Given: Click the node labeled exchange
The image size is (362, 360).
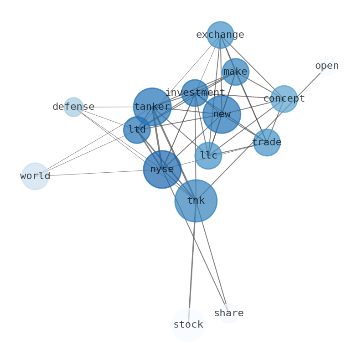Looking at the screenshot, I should pyautogui.click(x=220, y=35).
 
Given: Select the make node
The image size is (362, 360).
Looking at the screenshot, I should pyautogui.click(x=235, y=72).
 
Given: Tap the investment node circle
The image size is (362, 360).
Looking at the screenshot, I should pyautogui.click(x=195, y=93).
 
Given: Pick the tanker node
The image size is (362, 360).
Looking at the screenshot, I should pyautogui.click(x=152, y=107).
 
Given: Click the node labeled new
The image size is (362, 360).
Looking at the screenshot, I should pyautogui.click(x=222, y=114).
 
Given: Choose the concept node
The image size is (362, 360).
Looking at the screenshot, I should pyautogui.click(x=284, y=98).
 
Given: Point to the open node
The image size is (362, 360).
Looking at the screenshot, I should pyautogui.click(x=327, y=66).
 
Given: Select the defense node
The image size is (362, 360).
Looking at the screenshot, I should pyautogui.click(x=73, y=107).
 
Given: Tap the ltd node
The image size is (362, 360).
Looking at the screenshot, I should pyautogui.click(x=137, y=130).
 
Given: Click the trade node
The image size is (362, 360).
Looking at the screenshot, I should pyautogui.click(x=267, y=143).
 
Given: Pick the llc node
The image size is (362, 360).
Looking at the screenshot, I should pyautogui.click(x=208, y=155).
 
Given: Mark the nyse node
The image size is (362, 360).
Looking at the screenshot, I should pyautogui.click(x=162, y=170).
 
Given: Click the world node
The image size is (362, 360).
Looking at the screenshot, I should pyautogui.click(x=35, y=176).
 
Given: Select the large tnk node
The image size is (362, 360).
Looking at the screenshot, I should pyautogui.click(x=196, y=201).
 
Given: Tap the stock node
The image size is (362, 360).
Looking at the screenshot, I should pyautogui.click(x=188, y=325).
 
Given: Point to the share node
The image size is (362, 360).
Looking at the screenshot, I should pyautogui.click(x=228, y=313).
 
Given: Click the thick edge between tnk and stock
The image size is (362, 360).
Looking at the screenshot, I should pyautogui.click(x=192, y=264).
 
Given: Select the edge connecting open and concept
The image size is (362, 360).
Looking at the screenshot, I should pyautogui.click(x=306, y=82).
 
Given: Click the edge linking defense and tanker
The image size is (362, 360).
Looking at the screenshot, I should pyautogui.click(x=109, y=107).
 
